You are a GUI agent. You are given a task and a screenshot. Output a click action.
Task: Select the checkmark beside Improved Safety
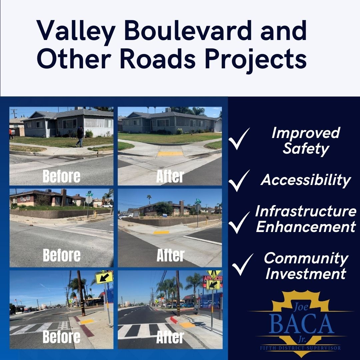pyautogui.click(x=239, y=139)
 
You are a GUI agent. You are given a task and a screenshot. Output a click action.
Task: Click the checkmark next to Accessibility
pyautogui.click(x=239, y=181)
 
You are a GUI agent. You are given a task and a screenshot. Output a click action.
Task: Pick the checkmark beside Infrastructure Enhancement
pyautogui.click(x=239, y=222)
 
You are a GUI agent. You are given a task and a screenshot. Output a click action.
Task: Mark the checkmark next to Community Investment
pyautogui.click(x=242, y=264)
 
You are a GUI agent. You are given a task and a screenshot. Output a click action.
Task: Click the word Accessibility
pyautogui.click(x=306, y=180)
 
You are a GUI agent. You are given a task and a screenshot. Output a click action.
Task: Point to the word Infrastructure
pyautogui.click(x=306, y=211)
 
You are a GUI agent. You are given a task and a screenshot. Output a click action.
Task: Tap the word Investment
pyautogui.click(x=306, y=274)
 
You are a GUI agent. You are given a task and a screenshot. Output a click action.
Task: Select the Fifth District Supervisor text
pyautogui.click(x=300, y=348)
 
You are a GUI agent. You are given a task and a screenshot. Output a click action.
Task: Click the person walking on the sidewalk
pyautogui.click(x=80, y=137)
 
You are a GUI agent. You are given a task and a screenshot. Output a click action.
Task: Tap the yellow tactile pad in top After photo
pyautogui.click(x=170, y=154)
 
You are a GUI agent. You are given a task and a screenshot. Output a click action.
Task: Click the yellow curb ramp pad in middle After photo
pyautogui.click(x=161, y=232)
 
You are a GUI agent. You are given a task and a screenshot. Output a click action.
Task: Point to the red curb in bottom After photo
pyautogui.click(x=174, y=320)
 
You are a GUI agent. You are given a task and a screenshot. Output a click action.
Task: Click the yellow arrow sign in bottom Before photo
pyautogui.click(x=104, y=278)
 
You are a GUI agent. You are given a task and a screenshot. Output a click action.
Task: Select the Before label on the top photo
pyautogui.click(x=62, y=177)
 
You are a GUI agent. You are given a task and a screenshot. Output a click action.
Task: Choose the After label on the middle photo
pyautogui.click(x=170, y=255)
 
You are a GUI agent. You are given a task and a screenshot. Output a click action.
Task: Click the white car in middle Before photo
pyautogui.click(x=107, y=206)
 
